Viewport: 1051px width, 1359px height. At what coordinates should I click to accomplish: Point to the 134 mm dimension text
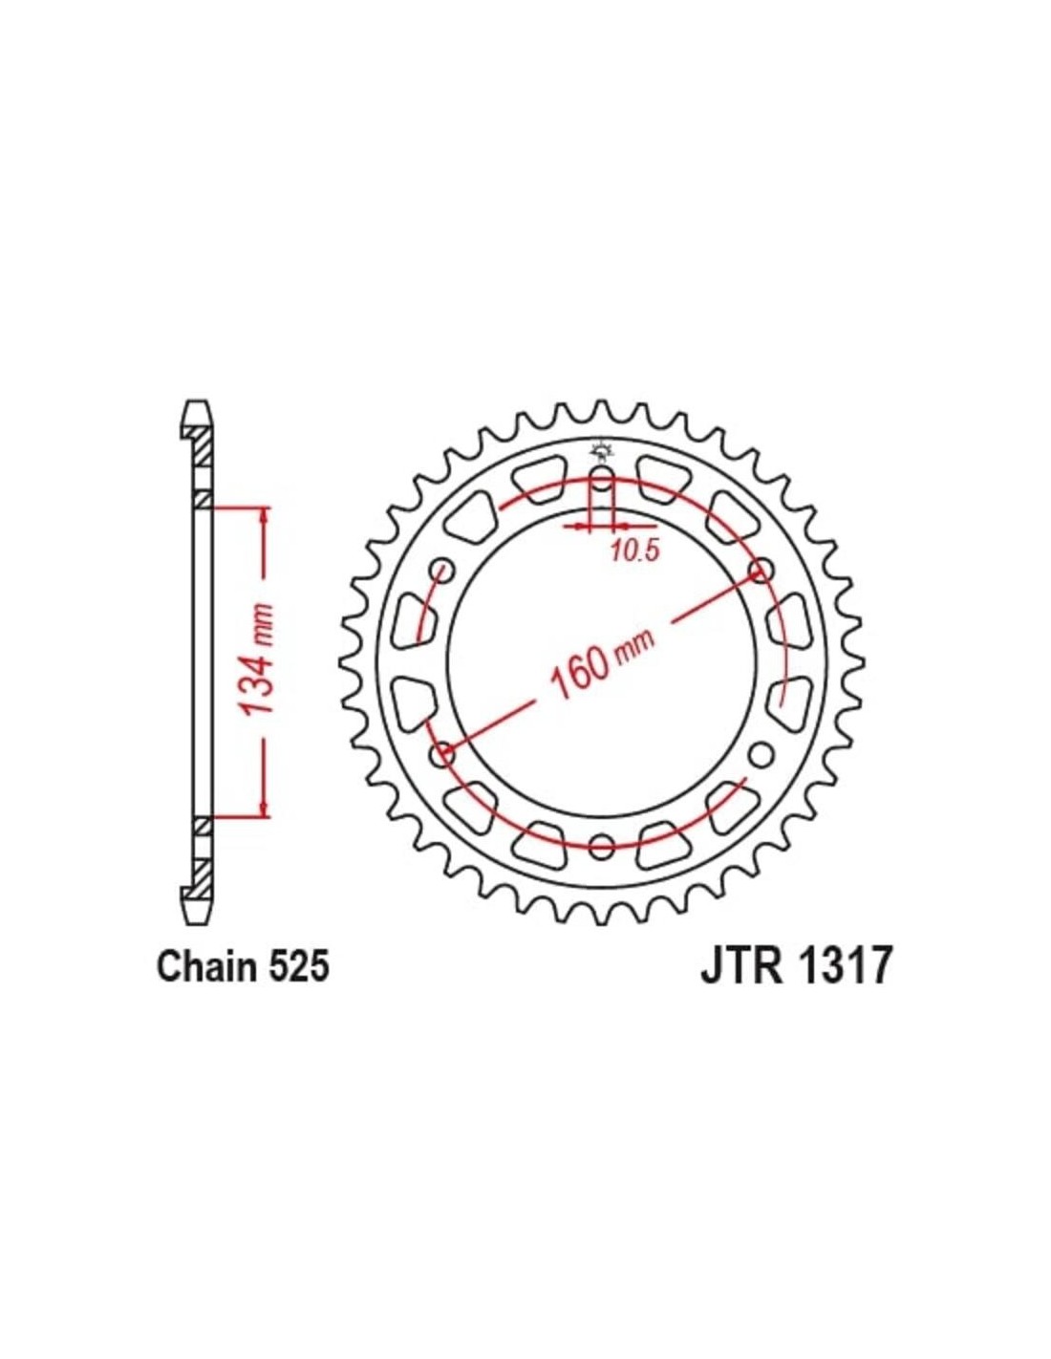(258, 659)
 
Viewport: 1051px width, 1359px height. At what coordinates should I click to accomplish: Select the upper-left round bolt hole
(442, 571)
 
